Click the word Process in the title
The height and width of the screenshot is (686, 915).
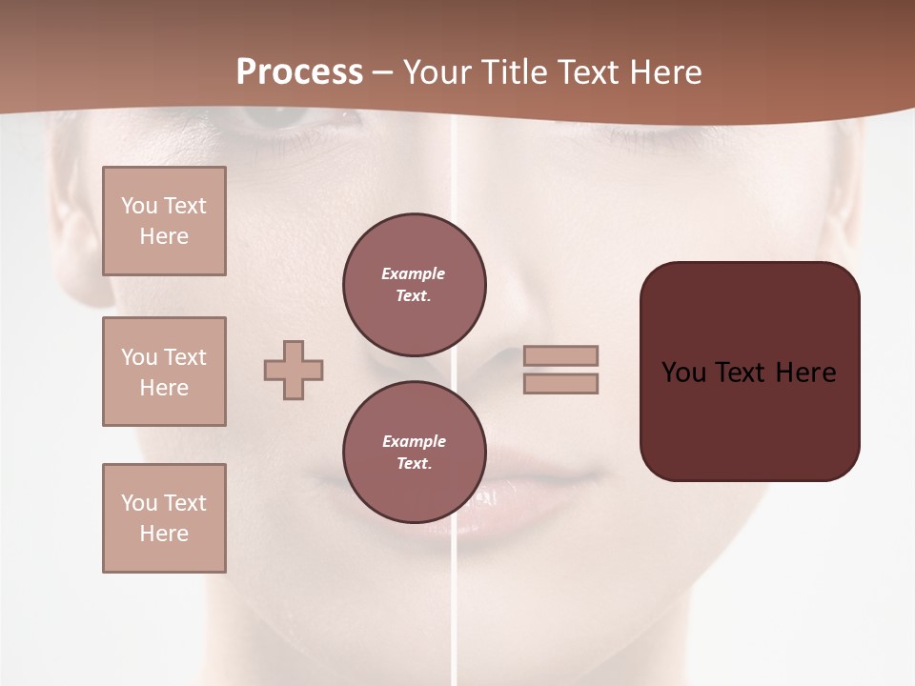[x=299, y=72]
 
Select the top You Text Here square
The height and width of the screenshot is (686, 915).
[x=164, y=221]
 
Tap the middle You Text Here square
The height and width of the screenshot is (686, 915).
[x=164, y=372]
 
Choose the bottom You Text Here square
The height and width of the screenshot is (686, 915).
[x=164, y=518]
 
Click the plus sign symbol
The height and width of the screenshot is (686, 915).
[x=294, y=370]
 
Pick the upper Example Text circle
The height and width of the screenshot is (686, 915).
[x=415, y=285]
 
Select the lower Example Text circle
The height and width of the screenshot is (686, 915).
[x=415, y=453]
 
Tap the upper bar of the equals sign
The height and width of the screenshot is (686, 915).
[x=560, y=355]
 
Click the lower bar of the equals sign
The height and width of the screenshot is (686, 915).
[x=560, y=383]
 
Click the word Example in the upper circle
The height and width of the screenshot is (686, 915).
[x=414, y=273]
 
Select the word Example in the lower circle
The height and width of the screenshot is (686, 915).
[x=414, y=441]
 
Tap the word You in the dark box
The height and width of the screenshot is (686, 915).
[x=683, y=373]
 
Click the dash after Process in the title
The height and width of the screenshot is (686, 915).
[x=383, y=72]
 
